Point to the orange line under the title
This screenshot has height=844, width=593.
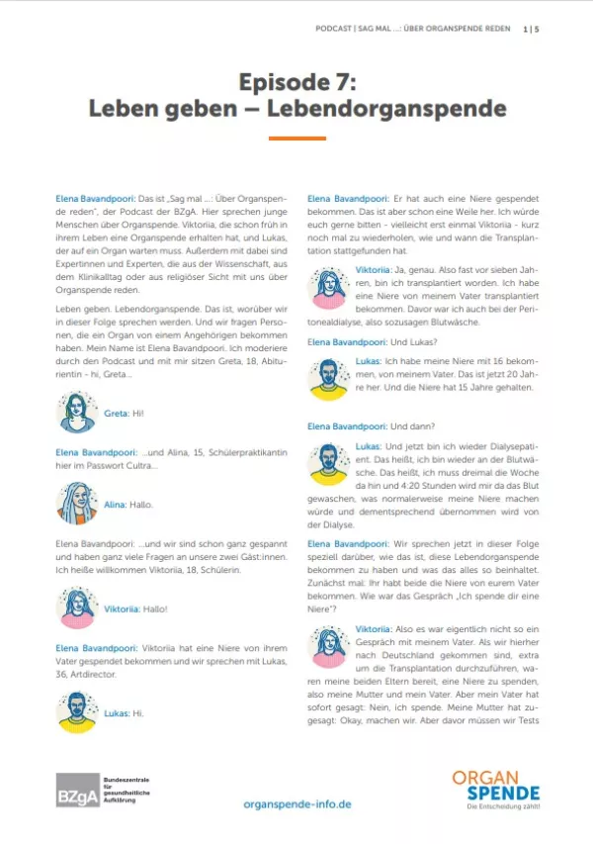point(296,139)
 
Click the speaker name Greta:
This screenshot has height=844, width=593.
point(116,412)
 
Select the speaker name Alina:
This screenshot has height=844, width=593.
point(116,505)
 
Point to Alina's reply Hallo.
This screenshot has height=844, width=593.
point(142,505)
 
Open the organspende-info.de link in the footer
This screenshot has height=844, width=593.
point(296,803)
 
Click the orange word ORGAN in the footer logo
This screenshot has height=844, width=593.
point(484,778)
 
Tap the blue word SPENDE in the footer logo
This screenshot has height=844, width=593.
point(504,794)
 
